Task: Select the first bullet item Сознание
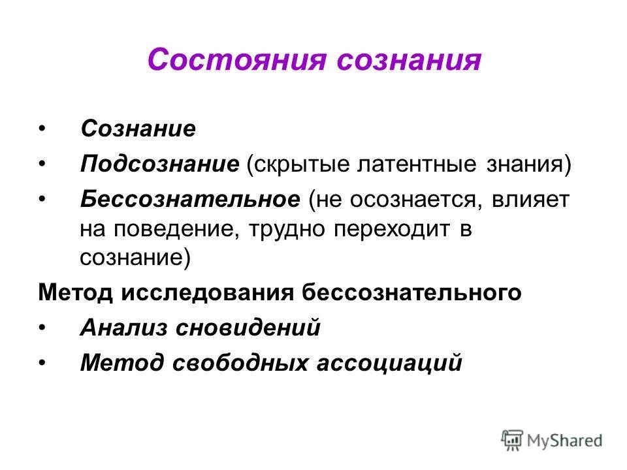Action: pyautogui.click(x=138, y=128)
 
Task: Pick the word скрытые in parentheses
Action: pyautogui.click(x=298, y=164)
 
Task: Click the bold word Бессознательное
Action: pyautogui.click(x=190, y=199)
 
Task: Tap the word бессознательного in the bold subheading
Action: pyautogui.click(x=412, y=292)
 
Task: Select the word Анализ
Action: pyautogui.click(x=122, y=327)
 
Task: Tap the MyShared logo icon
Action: pyautogui.click(x=512, y=440)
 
